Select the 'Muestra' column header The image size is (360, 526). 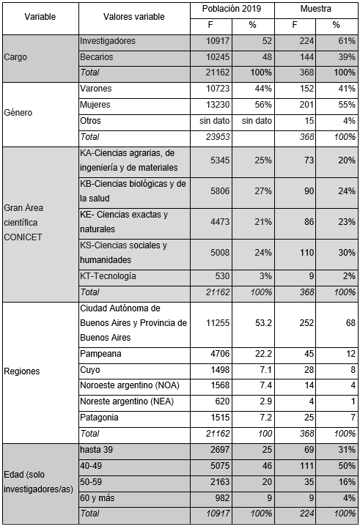(315, 9)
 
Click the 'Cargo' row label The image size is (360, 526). (17, 57)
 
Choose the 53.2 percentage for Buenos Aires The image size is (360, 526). (262, 323)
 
